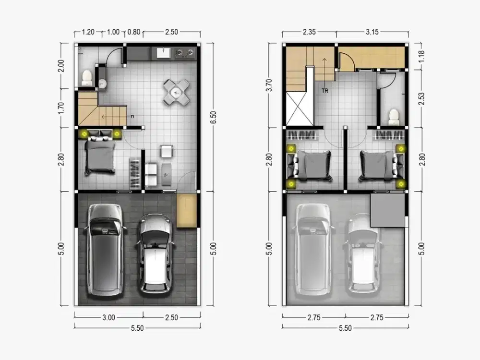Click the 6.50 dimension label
(214, 117)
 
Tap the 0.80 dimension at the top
(134, 32)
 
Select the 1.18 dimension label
(421, 56)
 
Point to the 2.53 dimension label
(421, 98)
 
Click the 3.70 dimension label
(269, 85)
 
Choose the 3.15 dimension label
(372, 32)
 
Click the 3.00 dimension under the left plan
(108, 317)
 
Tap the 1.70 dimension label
(61, 108)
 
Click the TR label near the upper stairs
(325, 91)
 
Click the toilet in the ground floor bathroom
(87, 78)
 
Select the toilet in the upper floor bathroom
(394, 117)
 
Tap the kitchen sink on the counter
(164, 53)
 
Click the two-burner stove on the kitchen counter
(185, 53)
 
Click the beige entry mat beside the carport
(186, 211)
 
